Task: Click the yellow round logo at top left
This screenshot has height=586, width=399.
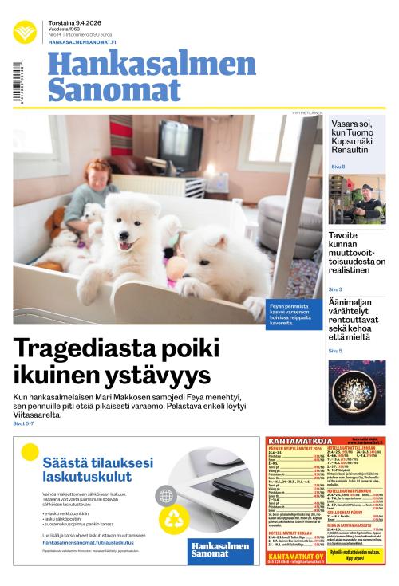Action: (25, 32)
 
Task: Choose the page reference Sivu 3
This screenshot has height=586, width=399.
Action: (336, 289)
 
